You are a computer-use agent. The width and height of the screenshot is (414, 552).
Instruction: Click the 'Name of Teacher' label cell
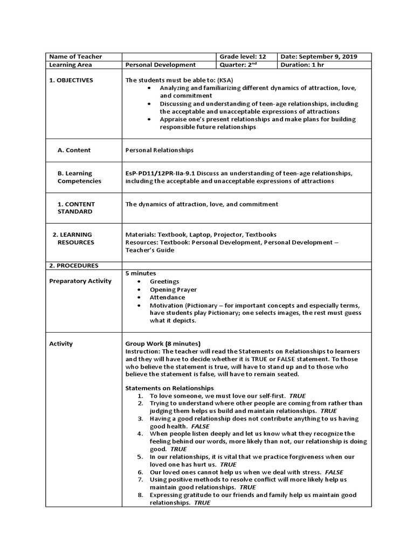tap(75, 57)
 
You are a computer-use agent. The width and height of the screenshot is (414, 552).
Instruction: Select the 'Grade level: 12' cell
tap(243, 57)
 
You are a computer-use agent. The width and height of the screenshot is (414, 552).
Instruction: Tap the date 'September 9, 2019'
tap(328, 57)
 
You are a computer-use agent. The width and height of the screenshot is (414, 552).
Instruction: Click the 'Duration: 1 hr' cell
tap(302, 65)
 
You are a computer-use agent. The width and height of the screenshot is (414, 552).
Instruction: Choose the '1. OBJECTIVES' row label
tap(71, 80)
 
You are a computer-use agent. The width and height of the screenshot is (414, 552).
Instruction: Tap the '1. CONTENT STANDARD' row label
tap(75, 208)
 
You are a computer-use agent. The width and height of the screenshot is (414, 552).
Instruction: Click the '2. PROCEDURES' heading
tap(74, 265)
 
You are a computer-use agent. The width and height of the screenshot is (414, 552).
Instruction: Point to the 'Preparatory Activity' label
tap(80, 281)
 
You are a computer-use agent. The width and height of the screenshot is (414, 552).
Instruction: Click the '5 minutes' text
tap(140, 273)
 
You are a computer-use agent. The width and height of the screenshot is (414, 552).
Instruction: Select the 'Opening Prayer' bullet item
tap(173, 289)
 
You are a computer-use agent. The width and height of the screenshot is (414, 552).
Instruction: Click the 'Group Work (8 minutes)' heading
tap(162, 343)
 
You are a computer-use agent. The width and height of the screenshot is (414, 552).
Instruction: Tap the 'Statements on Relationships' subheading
tap(169, 388)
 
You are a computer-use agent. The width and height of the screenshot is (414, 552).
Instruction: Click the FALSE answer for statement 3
tap(200, 426)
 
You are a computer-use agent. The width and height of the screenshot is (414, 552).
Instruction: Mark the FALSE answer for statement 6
tap(334, 472)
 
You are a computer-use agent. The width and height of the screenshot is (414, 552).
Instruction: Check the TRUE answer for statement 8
tap(202, 502)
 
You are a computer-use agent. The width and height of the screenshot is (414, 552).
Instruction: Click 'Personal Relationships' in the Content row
tap(159, 150)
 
